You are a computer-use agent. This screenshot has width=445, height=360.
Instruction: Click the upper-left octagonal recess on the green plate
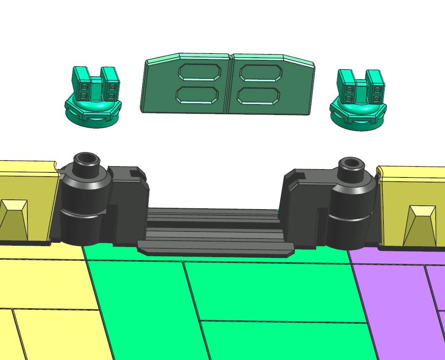(200, 72)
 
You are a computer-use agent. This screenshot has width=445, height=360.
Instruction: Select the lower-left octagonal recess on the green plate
(197, 95)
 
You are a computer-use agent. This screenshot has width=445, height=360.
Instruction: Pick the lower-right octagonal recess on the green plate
(258, 96)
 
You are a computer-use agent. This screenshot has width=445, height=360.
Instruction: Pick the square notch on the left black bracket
(136, 172)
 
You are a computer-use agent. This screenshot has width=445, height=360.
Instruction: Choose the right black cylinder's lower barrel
(348, 232)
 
